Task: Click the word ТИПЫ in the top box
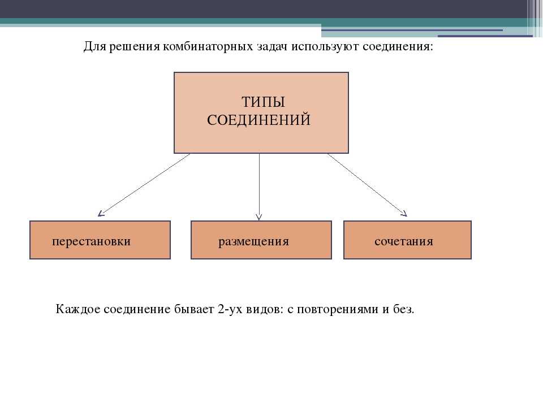[x=263, y=102]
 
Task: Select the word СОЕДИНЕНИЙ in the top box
[x=258, y=120]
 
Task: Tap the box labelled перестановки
[x=100, y=240]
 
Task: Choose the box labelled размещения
[x=261, y=240]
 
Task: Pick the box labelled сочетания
[x=407, y=240]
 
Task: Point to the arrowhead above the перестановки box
[x=101, y=214]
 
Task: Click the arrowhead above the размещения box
[x=258, y=217]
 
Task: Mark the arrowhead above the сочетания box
[x=404, y=214]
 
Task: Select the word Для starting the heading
[x=95, y=46]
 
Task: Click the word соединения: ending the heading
[x=398, y=46]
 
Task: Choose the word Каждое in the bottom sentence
[x=78, y=309]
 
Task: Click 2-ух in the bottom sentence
[x=230, y=309]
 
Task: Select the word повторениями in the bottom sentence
[x=338, y=309]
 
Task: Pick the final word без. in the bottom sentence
[x=404, y=309]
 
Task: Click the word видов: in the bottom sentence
[x=265, y=309]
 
